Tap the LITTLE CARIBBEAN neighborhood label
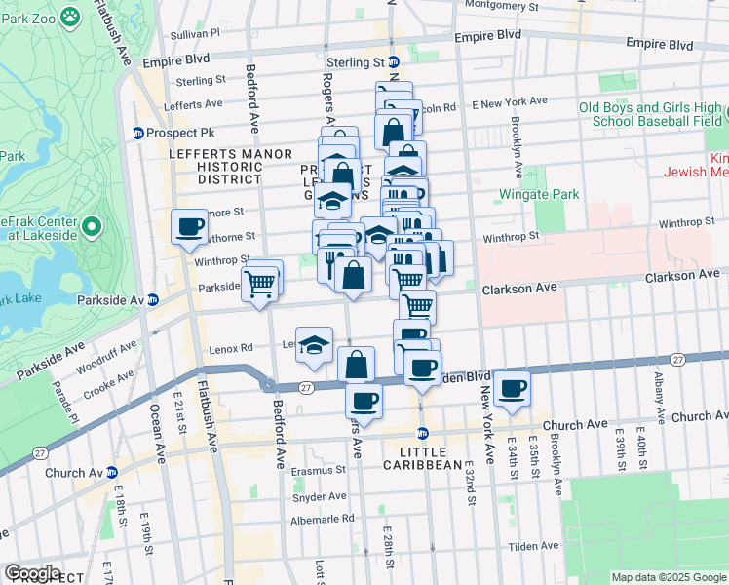[x=430, y=458]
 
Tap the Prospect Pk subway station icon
[x=138, y=133]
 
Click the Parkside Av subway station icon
[x=153, y=299]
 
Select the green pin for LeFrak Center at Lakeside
[x=92, y=228]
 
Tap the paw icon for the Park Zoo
[x=69, y=16]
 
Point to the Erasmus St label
[x=320, y=471]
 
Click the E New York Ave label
[x=510, y=101]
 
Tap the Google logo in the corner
[x=31, y=573]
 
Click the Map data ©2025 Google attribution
[x=668, y=577]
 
